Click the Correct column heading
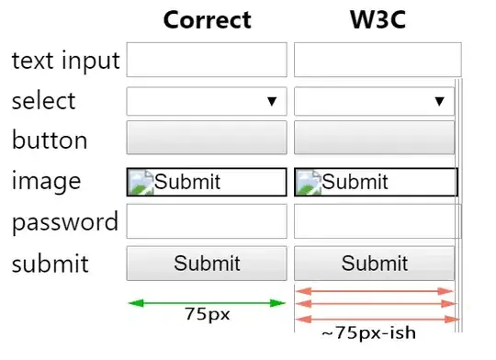pyautogui.click(x=208, y=19)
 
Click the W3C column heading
pyautogui.click(x=378, y=19)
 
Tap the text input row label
pyautogui.click(x=66, y=61)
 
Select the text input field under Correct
pyautogui.click(x=207, y=60)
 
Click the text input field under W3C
pyautogui.click(x=378, y=60)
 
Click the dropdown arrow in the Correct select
pyautogui.click(x=272, y=101)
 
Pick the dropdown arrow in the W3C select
pyautogui.click(x=439, y=101)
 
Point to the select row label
pyautogui.click(x=44, y=101)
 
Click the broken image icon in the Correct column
pyautogui.click(x=141, y=182)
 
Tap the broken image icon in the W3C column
pyautogui.click(x=309, y=182)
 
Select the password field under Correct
pyautogui.click(x=207, y=221)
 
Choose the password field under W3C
pyautogui.click(x=378, y=221)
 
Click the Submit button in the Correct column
pyautogui.click(x=207, y=264)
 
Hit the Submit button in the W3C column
pyautogui.click(x=374, y=264)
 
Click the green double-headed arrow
pyautogui.click(x=207, y=303)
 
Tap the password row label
pyautogui.click(x=65, y=223)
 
